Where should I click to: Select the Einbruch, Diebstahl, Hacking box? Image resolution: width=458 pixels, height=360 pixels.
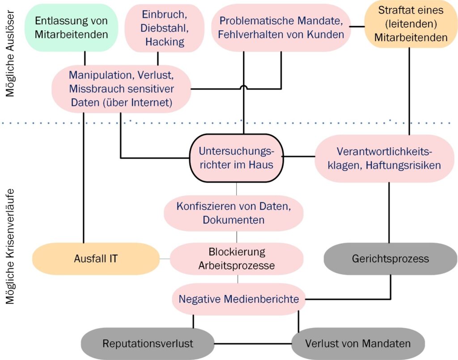165,28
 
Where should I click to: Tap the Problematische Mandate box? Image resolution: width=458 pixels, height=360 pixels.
281,27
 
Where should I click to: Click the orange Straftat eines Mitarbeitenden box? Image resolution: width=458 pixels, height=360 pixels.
411,24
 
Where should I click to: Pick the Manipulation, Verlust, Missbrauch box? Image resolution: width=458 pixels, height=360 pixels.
121,88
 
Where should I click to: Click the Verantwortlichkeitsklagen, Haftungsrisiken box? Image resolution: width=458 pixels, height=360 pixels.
384,158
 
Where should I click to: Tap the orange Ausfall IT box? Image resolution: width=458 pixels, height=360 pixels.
96,258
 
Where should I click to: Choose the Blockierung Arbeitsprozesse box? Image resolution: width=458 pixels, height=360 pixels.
237,258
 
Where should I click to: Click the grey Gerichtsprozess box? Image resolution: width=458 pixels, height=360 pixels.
390,258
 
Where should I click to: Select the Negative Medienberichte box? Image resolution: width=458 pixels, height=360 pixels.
239,299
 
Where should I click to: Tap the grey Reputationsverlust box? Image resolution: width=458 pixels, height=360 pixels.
148,343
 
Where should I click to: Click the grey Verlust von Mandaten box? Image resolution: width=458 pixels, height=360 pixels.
358,343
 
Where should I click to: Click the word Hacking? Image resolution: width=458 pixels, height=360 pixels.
165,42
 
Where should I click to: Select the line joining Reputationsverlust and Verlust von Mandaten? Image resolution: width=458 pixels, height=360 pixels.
253,344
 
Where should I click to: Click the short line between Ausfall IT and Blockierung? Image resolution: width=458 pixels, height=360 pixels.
165,259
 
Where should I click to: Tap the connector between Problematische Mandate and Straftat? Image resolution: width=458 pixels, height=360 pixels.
357,27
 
